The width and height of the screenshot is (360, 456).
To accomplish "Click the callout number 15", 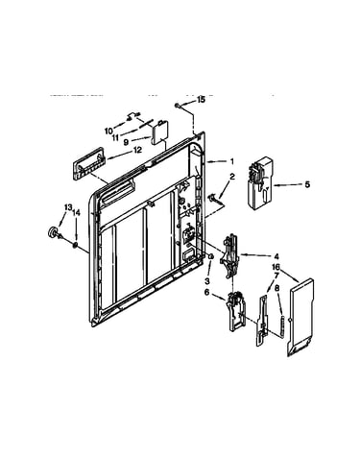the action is click(x=201, y=100).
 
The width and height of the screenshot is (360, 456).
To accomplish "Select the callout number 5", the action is click(x=307, y=184).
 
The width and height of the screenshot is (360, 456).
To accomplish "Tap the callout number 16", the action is click(x=276, y=267).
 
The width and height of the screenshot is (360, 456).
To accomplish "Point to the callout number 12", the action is click(x=137, y=150).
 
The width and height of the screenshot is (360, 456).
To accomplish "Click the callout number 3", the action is click(x=207, y=281).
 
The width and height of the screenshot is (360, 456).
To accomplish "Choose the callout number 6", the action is click(x=207, y=292).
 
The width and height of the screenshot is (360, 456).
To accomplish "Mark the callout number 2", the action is click(x=232, y=177).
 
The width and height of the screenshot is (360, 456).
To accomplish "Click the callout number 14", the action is click(x=76, y=212).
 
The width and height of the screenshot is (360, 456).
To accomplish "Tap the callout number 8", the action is click(x=277, y=288).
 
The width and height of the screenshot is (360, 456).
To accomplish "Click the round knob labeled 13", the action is click(x=53, y=232).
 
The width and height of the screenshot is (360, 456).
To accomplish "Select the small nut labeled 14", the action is click(x=75, y=246).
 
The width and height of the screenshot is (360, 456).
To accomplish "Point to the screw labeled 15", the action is click(x=178, y=105).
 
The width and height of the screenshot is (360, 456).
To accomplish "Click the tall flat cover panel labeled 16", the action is click(x=300, y=318).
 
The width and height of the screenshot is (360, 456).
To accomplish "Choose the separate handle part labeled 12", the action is click(x=88, y=163).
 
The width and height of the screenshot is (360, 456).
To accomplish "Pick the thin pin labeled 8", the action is click(x=282, y=325).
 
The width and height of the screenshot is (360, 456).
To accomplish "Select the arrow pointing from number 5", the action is click(x=288, y=185).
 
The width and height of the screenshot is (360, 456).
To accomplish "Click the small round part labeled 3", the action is click(x=210, y=256).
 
